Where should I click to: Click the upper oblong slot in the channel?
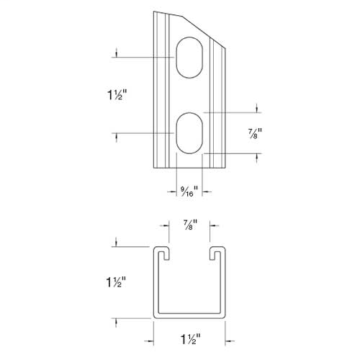(189, 57)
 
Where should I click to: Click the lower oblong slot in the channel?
(189, 133)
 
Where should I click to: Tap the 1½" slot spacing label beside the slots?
(117, 94)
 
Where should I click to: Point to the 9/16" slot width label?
(189, 191)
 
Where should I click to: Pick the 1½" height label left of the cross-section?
(117, 282)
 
